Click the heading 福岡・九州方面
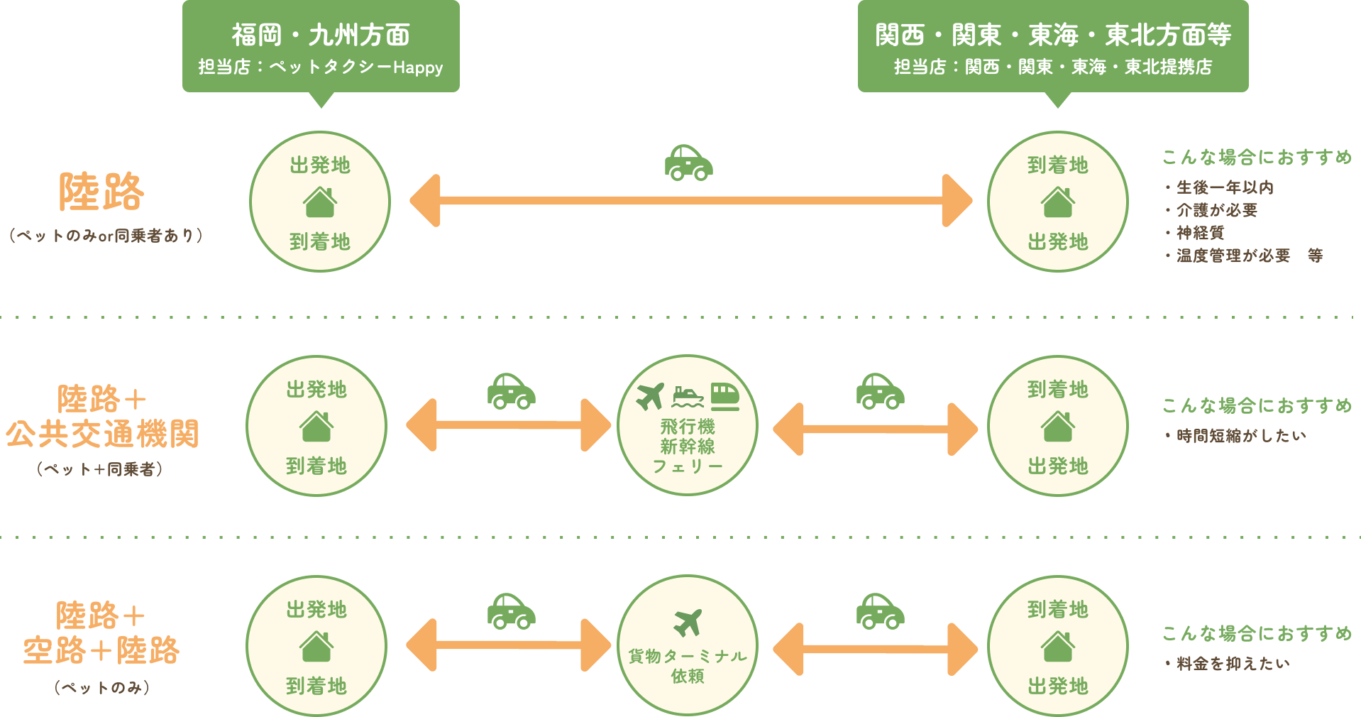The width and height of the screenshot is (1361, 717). coord(321,35)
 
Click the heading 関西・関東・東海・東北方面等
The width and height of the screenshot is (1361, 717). coord(1053,35)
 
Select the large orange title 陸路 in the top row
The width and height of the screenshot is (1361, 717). coord(101,192)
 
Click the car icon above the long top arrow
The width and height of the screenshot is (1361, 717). coord(688,163)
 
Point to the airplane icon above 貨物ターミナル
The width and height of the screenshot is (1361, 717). coord(688,623)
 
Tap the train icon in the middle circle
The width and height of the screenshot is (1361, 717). coord(724,396)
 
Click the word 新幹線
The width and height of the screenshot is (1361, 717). coord(688,447)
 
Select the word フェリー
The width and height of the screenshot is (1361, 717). coord(688,466)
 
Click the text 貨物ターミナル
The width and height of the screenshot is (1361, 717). coord(688,656)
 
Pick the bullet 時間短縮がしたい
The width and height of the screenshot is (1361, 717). coord(1240,436)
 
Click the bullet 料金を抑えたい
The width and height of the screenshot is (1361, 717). coord(1233,664)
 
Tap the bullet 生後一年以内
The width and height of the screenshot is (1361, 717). coord(1225,187)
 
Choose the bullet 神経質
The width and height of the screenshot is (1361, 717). coord(1200,233)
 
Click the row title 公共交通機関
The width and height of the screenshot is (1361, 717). coord(103,434)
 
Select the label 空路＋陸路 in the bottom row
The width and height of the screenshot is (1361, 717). coord(101,650)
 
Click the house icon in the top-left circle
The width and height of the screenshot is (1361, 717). coord(320,202)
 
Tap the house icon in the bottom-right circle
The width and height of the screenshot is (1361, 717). coord(1057,647)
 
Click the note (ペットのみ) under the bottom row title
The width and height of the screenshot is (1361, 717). coord(102,687)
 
